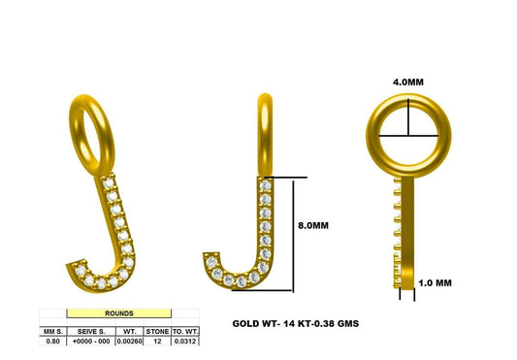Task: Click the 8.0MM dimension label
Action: click(x=313, y=225)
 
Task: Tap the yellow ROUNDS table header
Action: click(x=119, y=314)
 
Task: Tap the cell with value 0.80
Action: click(x=52, y=342)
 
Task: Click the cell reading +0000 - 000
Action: click(x=89, y=342)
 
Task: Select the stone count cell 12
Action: click(x=155, y=342)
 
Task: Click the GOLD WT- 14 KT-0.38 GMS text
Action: click(x=295, y=322)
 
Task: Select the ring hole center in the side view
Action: click(x=407, y=134)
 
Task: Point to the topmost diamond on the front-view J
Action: click(x=265, y=183)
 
